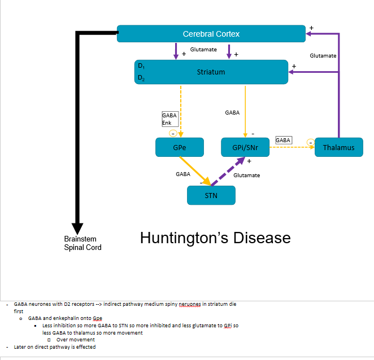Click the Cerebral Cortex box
point(211,34)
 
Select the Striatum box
point(211,72)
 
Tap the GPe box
point(179,148)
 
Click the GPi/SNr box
point(245,148)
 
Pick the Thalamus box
point(338,148)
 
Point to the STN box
point(211,195)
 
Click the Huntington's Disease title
point(215,238)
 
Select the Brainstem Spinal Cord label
point(82,243)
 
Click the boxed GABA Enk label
point(169,119)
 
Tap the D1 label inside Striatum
point(141,65)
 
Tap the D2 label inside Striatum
point(141,79)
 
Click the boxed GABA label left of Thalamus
point(283,140)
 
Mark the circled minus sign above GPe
point(173,133)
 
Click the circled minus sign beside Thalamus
point(310,141)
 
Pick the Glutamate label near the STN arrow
point(247,175)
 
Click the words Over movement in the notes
point(75,340)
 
